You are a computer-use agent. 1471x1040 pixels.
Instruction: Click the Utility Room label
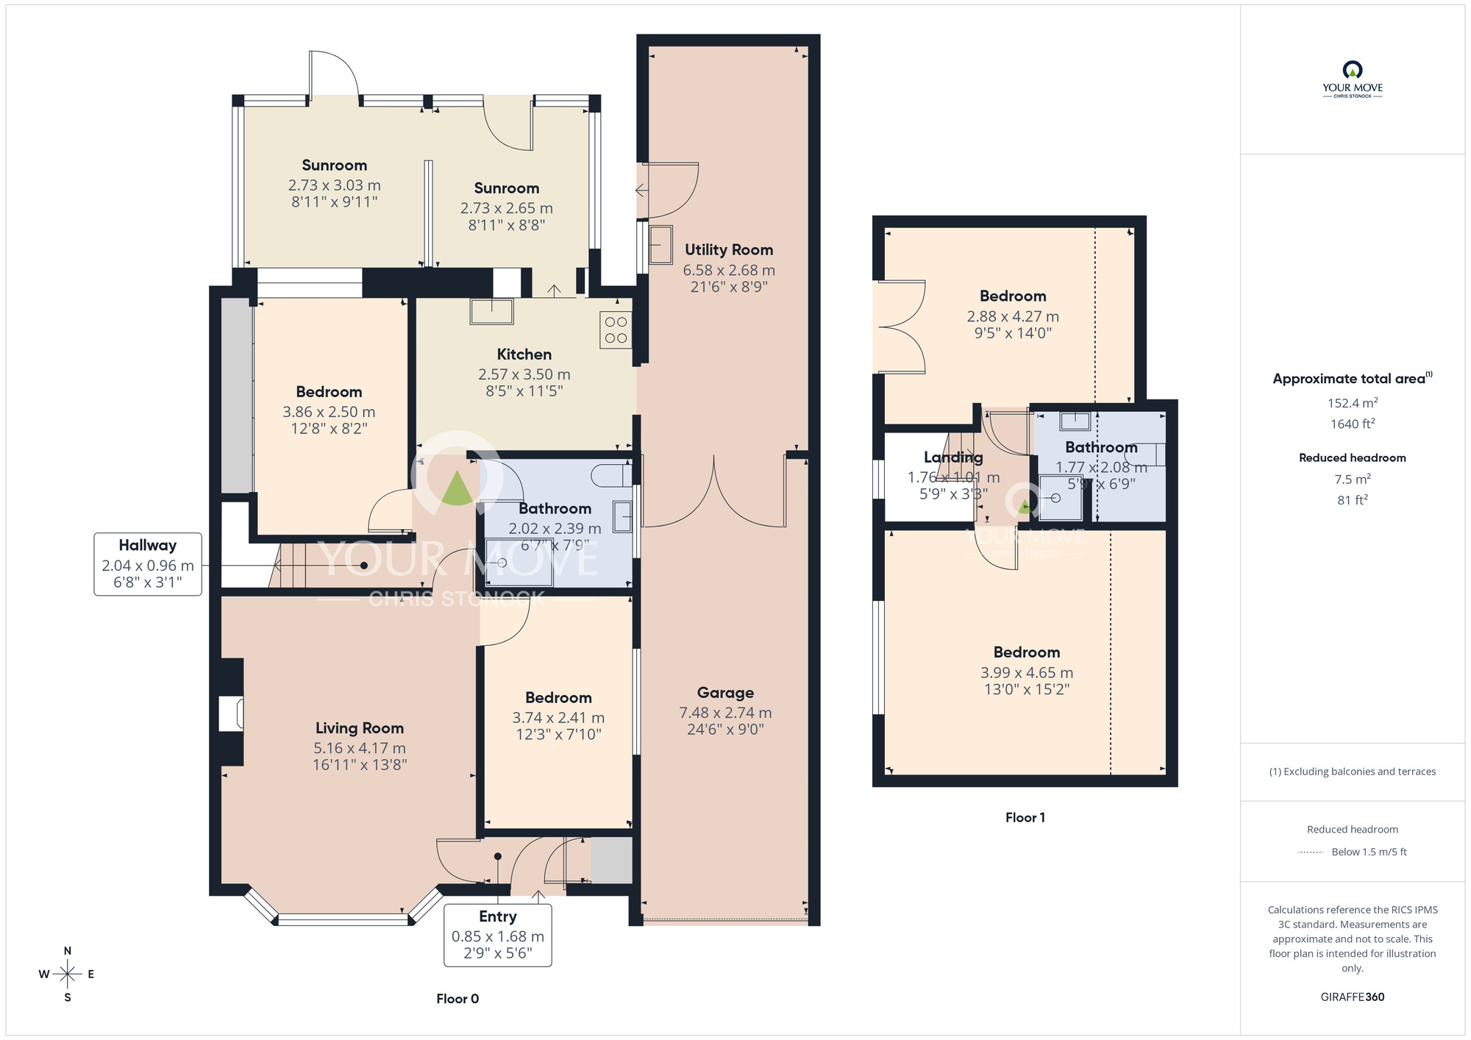728,250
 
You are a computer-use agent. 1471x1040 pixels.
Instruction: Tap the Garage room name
725,693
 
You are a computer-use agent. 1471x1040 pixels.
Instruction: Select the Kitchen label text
524,355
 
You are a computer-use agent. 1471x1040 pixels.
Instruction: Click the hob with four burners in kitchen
616,330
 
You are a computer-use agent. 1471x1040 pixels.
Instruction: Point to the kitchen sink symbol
492,311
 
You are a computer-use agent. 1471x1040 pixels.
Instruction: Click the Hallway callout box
148,564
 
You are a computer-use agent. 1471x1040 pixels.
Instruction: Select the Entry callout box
498,935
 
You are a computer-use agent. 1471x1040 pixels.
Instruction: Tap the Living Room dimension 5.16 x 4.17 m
360,748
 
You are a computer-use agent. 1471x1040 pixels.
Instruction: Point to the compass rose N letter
68,951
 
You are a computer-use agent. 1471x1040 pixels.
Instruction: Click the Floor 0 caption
457,999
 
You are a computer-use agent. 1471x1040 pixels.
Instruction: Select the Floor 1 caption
1025,818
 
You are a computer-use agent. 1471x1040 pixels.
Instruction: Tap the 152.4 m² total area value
1352,403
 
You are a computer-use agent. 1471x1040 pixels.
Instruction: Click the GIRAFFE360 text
1352,997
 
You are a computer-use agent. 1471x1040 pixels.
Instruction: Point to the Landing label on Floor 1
953,457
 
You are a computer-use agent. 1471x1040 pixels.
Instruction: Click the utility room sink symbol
660,244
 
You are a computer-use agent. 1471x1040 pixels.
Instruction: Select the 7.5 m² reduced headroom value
1352,480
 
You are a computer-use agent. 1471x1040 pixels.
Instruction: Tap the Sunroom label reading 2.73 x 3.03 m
334,185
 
